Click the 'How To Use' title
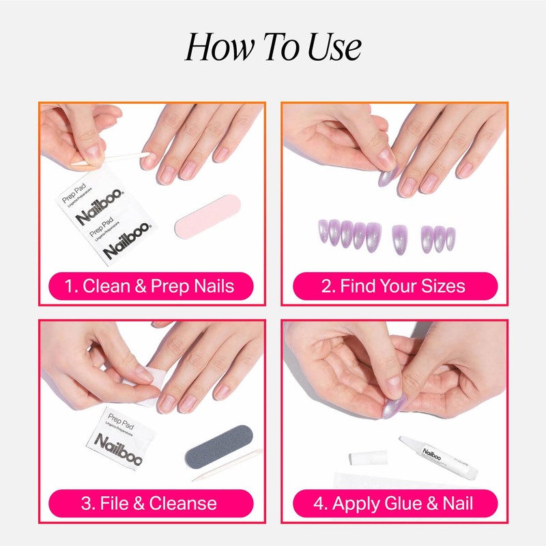tap(273, 48)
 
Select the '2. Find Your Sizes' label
tap(393, 285)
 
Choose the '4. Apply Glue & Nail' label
tap(393, 504)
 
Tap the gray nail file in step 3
tap(219, 450)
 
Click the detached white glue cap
tap(369, 457)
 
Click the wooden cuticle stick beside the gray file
tap(225, 467)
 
